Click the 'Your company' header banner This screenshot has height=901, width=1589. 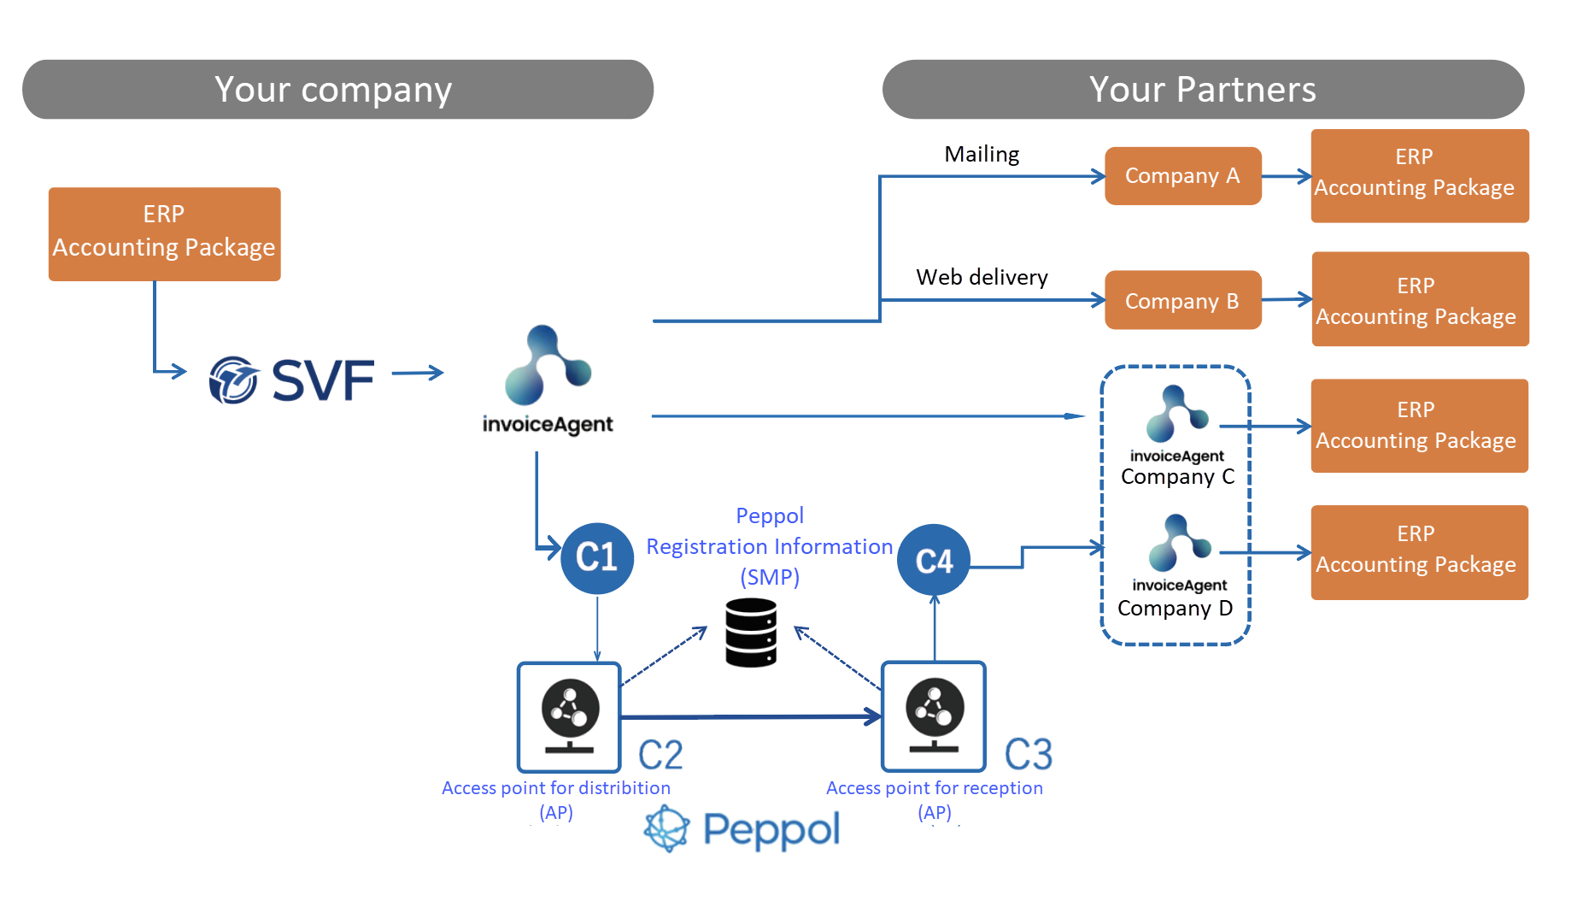tap(337, 89)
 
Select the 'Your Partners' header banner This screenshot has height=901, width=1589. tap(1203, 89)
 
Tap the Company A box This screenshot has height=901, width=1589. tap(1182, 175)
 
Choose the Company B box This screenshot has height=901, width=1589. tap(1182, 300)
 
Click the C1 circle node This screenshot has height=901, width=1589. tap(597, 558)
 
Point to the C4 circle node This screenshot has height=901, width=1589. tap(934, 561)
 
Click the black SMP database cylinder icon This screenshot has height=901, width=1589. tap(751, 633)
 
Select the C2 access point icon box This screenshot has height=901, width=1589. tap(569, 717)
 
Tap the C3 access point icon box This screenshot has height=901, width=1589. tap(934, 717)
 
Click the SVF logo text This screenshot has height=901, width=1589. tap(323, 380)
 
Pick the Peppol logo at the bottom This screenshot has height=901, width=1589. tap(742, 828)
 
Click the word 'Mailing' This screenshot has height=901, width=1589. tap(982, 155)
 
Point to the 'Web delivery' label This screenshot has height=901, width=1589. tap(982, 277)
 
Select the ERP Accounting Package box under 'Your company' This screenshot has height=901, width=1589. tap(164, 234)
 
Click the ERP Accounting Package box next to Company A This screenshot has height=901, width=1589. tap(1420, 176)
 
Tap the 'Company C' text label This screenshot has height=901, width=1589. tap(1177, 477)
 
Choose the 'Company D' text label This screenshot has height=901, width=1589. tap(1175, 608)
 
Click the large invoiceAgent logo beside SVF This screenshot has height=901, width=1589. tap(548, 380)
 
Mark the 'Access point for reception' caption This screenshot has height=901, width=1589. tap(935, 788)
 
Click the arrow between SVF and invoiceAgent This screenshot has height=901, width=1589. tap(418, 373)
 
